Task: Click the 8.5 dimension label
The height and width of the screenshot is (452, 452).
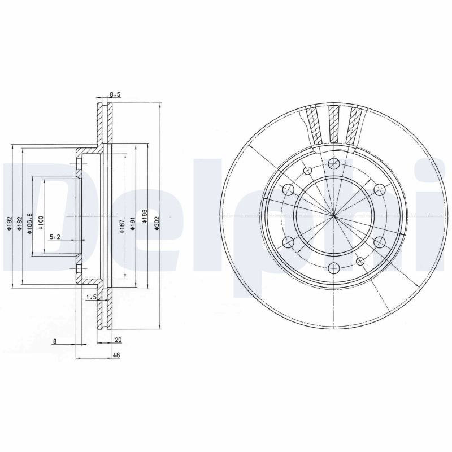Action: point(115,94)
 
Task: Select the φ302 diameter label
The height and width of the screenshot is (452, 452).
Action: point(157,223)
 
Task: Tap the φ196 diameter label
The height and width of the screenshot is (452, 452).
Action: point(145,216)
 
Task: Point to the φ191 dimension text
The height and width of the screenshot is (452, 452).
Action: point(133,224)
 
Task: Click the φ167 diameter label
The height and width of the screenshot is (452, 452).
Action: point(122,227)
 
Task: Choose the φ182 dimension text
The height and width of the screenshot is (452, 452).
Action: point(19,223)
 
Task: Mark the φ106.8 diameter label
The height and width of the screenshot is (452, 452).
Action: point(29,224)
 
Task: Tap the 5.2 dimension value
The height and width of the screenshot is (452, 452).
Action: point(54,237)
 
